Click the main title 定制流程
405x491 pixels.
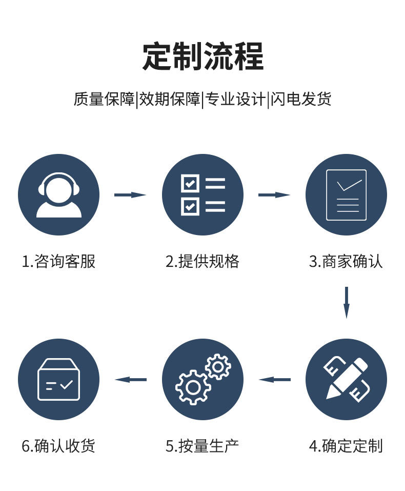coord(202,56)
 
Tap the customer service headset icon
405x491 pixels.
coord(59,195)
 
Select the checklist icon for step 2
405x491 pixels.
coord(202,195)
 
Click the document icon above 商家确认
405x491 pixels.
coord(346,195)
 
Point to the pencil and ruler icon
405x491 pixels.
coord(346,380)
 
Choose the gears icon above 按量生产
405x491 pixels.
coord(202,380)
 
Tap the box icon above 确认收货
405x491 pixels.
coord(59,380)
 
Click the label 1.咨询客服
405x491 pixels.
coord(58,262)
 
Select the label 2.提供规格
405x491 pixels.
coord(202,262)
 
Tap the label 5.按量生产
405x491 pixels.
coord(202,446)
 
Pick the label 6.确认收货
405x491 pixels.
coord(58,446)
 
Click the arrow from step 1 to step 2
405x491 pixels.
coord(130,195)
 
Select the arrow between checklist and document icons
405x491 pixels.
coord(274,195)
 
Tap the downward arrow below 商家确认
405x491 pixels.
coord(347,302)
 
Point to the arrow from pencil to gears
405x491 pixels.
coord(274,380)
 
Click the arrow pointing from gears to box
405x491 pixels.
coord(130,380)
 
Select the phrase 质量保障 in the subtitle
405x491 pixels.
coord(104,99)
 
